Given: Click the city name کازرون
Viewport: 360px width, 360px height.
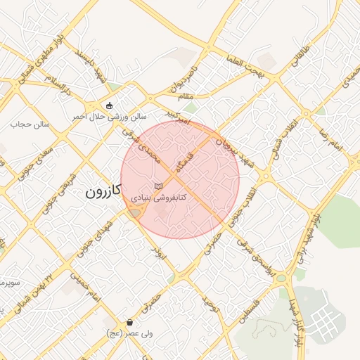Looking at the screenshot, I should [103, 190].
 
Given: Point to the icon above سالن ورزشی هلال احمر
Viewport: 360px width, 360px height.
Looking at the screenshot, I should [109, 106].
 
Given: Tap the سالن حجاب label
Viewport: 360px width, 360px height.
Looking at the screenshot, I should [26, 124].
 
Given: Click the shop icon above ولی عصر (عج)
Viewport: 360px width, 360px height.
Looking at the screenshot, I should [131, 323].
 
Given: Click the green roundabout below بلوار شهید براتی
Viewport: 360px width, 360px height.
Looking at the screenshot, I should [282, 278].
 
